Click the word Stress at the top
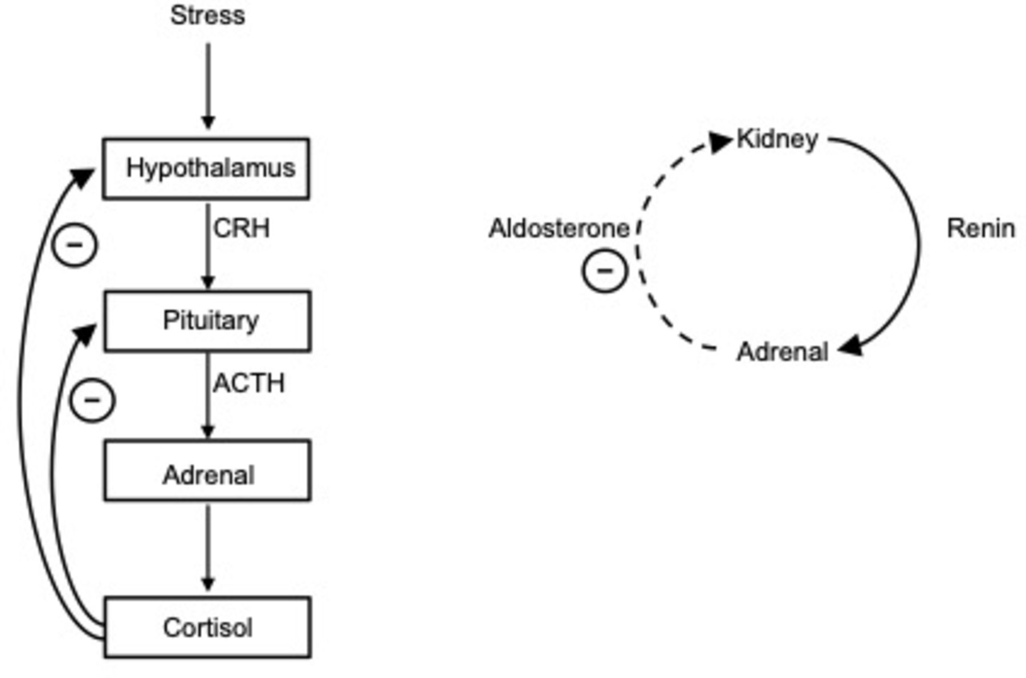tap(207, 15)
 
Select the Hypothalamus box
tap(206, 168)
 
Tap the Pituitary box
tap(207, 320)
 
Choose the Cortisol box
tap(207, 627)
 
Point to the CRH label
tap(241, 229)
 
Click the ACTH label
tap(249, 383)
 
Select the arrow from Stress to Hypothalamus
tap(208, 86)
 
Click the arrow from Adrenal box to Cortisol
tap(208, 547)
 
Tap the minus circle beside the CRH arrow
tap(75, 245)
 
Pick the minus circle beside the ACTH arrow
tap(92, 400)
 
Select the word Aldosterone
tap(559, 229)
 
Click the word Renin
tap(980, 229)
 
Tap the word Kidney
tap(777, 139)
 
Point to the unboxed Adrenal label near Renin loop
tap(782, 352)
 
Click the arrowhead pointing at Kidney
tap(722, 141)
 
